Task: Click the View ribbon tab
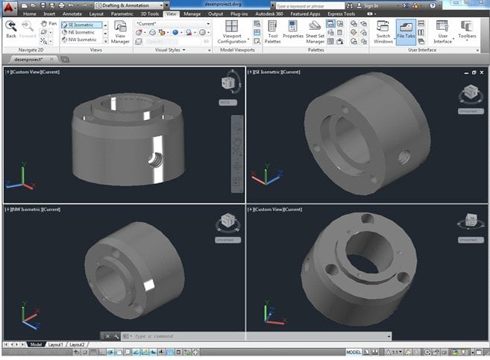(172, 13)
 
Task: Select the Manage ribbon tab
(192, 13)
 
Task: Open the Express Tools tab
(340, 13)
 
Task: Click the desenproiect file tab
(27, 58)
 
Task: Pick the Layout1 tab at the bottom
(56, 344)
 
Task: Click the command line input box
(179, 336)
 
